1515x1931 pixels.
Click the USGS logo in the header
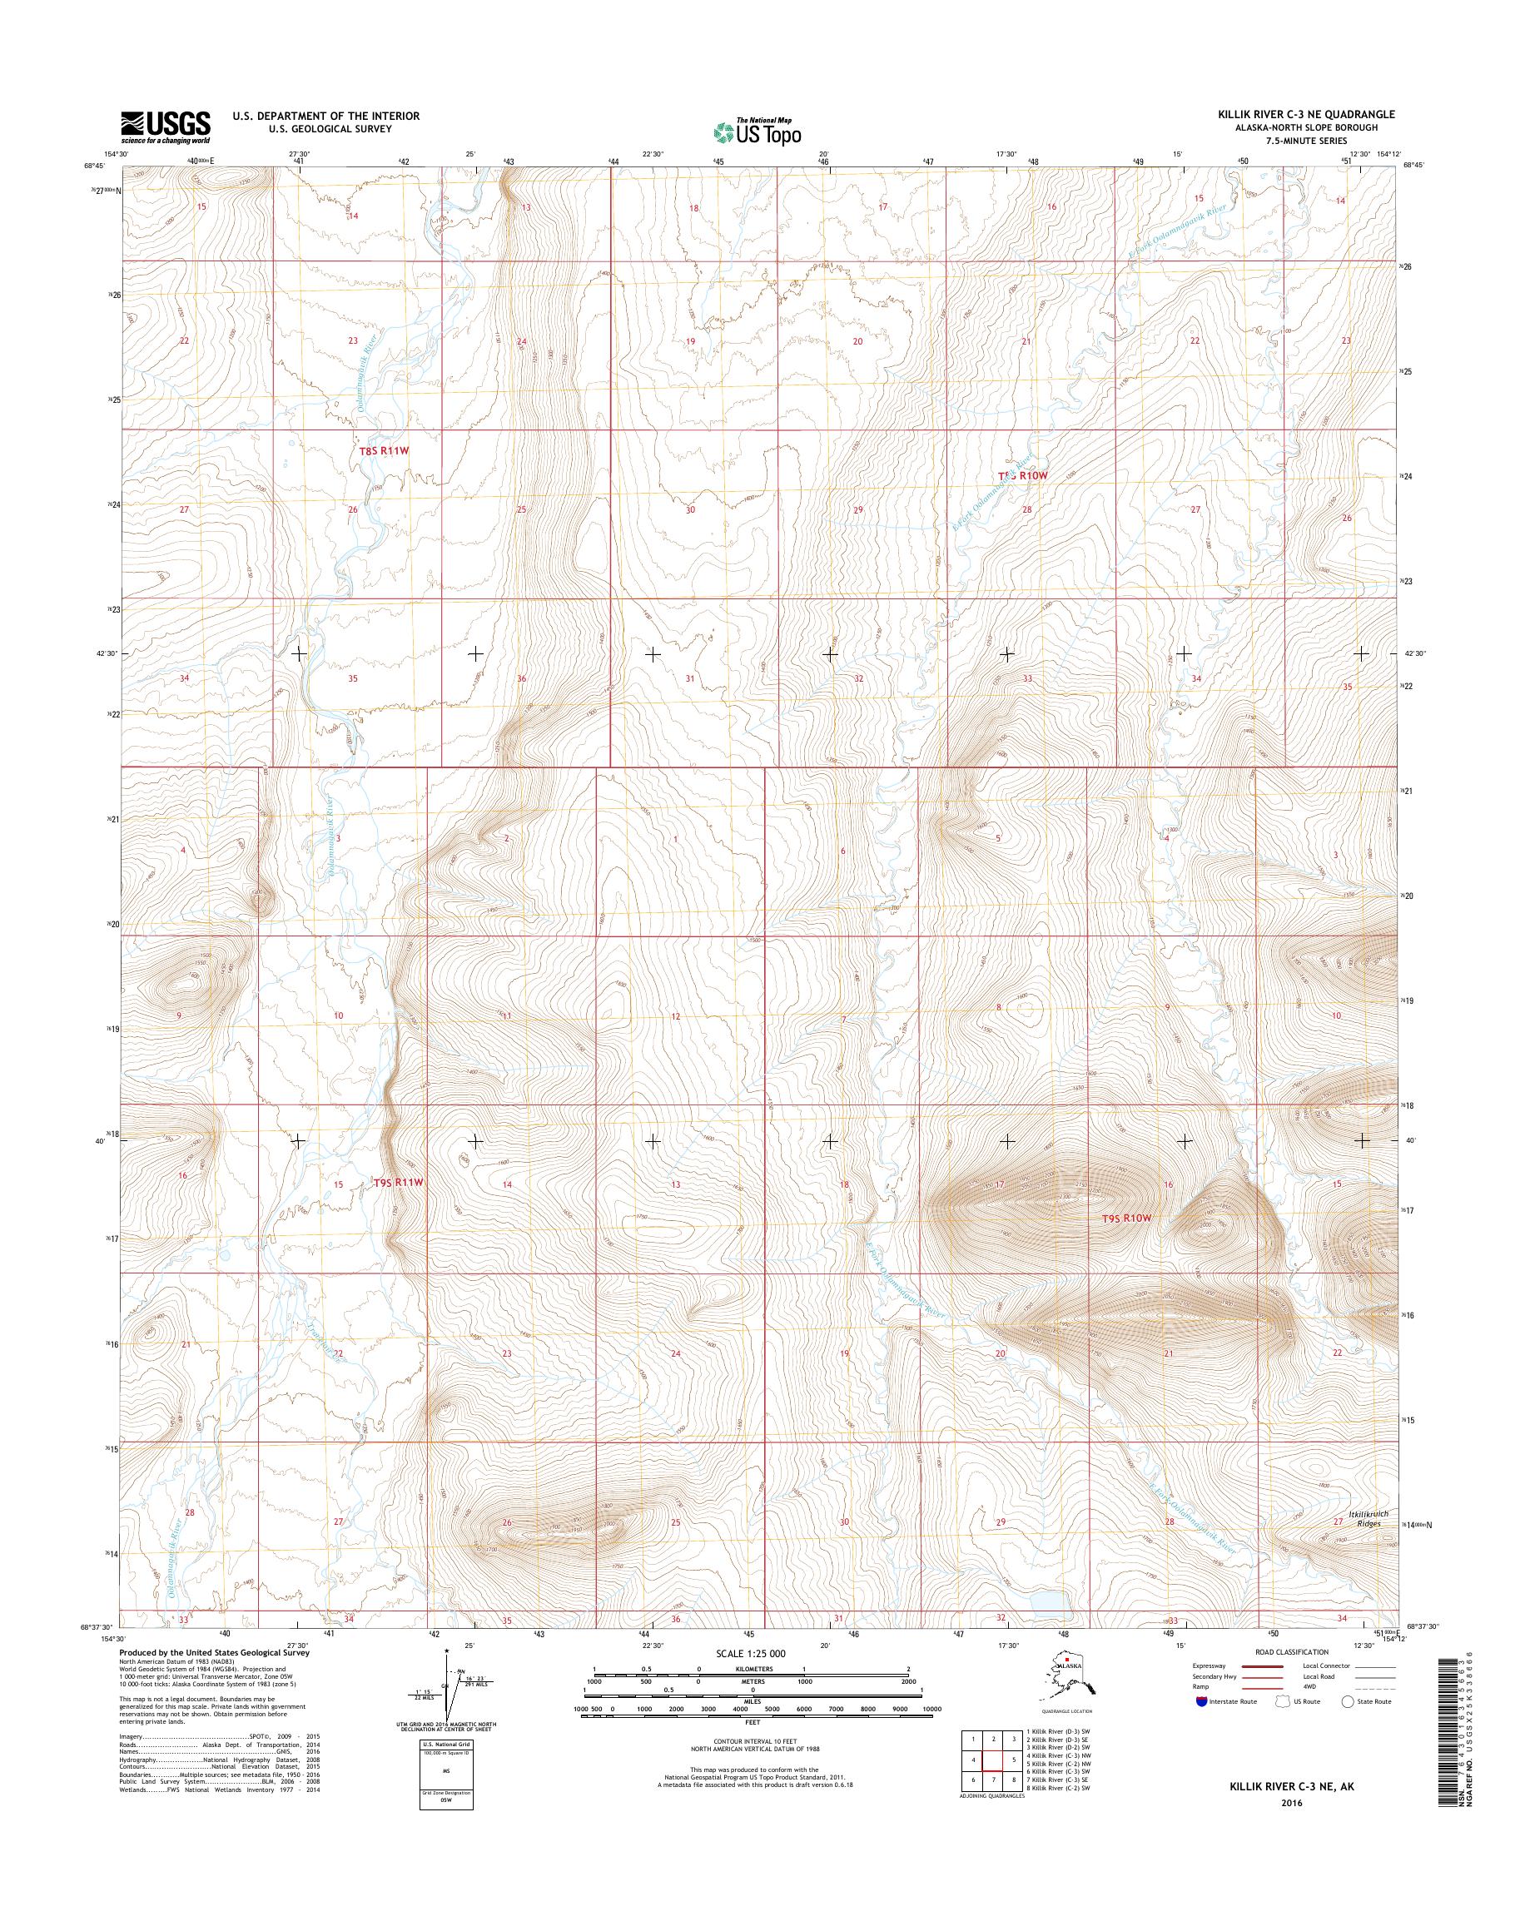click(x=166, y=127)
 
